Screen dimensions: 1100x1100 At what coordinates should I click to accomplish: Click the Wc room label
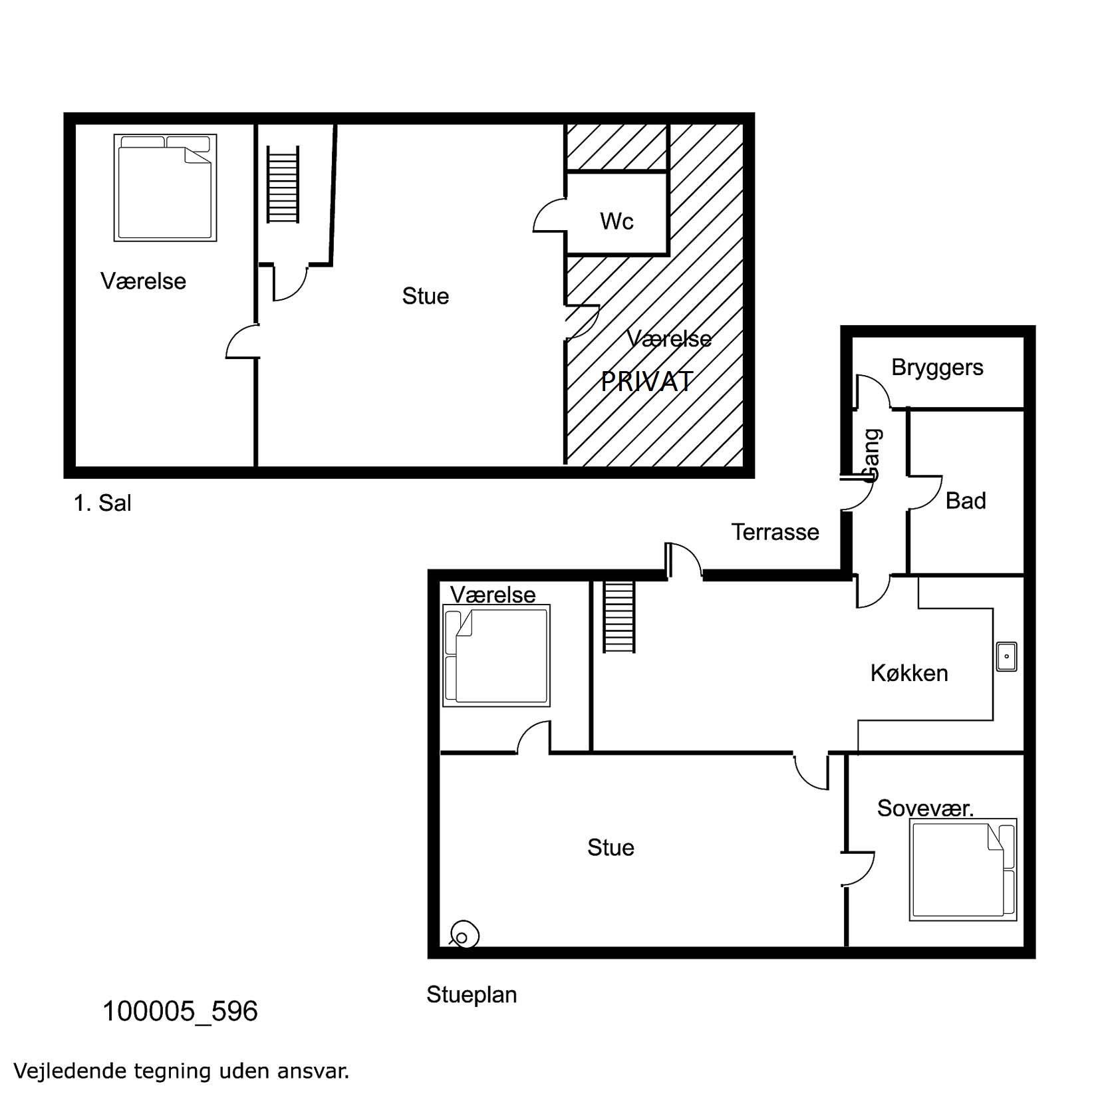(617, 221)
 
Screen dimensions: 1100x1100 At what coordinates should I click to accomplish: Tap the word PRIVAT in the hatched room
(647, 382)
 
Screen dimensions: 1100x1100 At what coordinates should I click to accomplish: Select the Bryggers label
(937, 368)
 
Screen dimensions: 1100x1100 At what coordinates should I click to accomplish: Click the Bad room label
(966, 501)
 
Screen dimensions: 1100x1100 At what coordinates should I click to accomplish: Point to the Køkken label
(909, 673)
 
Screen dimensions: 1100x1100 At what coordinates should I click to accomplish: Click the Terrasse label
(775, 532)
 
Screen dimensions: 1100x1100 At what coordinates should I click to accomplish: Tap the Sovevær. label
(925, 808)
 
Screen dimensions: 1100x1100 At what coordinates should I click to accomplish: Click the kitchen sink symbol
(1006, 656)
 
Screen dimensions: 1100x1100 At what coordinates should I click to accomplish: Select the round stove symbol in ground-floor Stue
(464, 934)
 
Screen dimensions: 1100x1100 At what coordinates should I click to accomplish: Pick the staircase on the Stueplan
(619, 617)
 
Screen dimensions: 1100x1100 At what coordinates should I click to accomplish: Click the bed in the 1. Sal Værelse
(165, 188)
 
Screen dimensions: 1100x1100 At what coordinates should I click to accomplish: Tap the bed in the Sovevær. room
(963, 870)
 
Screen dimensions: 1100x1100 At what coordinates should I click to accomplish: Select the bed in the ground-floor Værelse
(496, 655)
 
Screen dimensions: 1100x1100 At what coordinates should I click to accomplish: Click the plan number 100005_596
(180, 1012)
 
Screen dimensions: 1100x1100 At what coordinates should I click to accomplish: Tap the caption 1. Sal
(102, 503)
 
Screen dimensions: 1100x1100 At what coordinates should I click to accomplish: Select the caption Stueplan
(472, 995)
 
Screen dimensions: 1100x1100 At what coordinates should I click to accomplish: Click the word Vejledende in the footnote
(70, 1071)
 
